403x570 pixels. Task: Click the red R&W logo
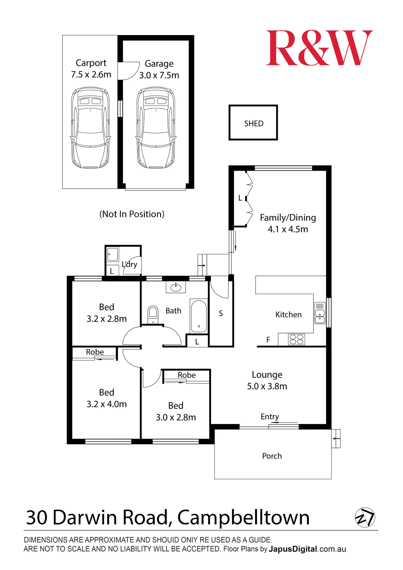319,48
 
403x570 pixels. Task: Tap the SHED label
254,124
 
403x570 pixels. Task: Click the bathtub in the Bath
199,316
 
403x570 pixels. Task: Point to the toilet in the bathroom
153,315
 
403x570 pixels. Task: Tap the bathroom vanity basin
176,287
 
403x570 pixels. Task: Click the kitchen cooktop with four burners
296,339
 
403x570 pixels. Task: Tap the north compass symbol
365,517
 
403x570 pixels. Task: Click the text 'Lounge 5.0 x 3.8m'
267,380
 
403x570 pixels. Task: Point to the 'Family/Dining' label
288,218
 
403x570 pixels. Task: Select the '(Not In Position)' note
132,214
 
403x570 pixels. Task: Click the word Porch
272,456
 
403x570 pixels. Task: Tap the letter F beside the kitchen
268,340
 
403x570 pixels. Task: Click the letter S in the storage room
221,313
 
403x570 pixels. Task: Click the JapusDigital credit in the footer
293,549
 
